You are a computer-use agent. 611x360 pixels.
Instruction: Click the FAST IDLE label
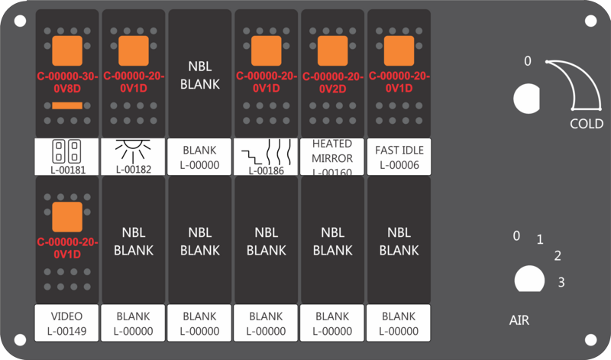pos(399,157)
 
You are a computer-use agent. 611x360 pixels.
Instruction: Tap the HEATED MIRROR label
pos(332,157)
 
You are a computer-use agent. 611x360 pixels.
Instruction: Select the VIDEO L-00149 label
pos(66,323)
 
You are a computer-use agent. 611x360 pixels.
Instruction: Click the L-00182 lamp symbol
pos(133,151)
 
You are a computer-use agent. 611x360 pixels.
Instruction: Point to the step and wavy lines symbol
pos(267,152)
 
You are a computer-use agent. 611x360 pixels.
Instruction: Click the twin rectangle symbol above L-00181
pos(66,151)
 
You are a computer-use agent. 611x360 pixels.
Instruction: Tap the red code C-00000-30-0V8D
pos(67,83)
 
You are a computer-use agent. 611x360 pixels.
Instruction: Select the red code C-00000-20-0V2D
pos(333,83)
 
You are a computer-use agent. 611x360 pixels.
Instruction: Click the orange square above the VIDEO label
pos(67,217)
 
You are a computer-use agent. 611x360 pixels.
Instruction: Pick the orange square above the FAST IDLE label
pos(399,50)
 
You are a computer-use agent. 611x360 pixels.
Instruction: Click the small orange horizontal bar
pos(67,105)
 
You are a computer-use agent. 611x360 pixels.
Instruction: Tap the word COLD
pos(587,124)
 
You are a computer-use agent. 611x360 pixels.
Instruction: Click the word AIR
pos(519,320)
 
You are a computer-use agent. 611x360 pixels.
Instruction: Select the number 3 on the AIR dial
pos(561,282)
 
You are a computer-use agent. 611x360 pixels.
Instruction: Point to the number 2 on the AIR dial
pos(558,256)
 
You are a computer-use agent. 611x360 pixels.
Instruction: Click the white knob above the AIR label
pos(529,279)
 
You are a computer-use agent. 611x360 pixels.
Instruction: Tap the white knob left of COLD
pos(526,99)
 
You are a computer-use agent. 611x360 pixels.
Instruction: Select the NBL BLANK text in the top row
pos(200,75)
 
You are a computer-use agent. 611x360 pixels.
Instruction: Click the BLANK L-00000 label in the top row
pos(199,157)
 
